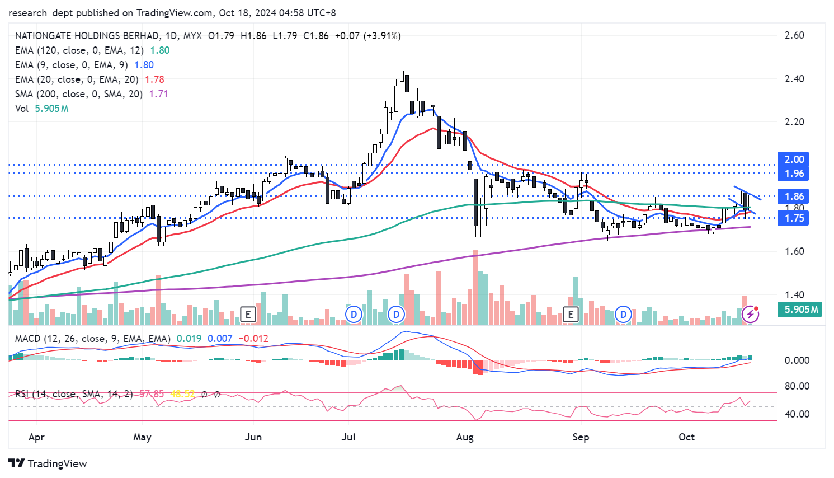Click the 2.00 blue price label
(x=794, y=160)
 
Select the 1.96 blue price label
(x=794, y=174)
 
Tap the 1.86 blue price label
(x=794, y=196)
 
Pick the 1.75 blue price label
(x=794, y=218)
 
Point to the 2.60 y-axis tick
(x=794, y=35)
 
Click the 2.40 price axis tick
(x=794, y=79)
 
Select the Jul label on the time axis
(x=348, y=437)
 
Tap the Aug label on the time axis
(x=465, y=437)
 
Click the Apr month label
(x=36, y=437)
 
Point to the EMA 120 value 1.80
(x=160, y=50)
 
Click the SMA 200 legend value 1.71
(x=158, y=94)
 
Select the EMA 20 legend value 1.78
(x=154, y=79)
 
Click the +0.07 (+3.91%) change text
(x=367, y=36)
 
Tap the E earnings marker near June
(x=248, y=314)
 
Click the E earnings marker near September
(x=571, y=314)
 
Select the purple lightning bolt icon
(x=750, y=315)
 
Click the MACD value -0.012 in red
(x=253, y=339)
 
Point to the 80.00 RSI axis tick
(x=797, y=386)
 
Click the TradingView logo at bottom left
(x=48, y=463)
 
